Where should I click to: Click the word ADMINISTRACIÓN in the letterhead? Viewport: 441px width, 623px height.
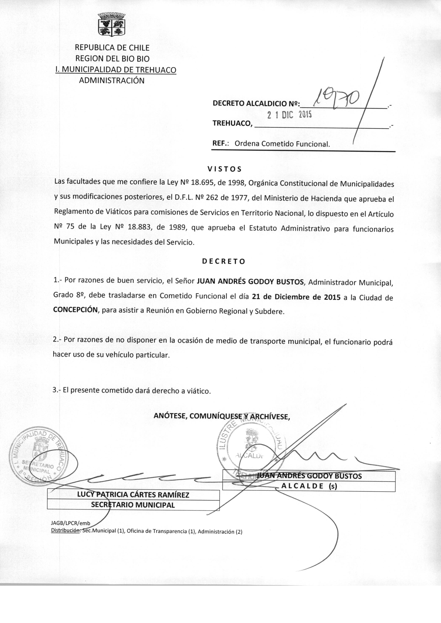click(112, 81)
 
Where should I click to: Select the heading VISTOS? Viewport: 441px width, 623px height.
click(224, 169)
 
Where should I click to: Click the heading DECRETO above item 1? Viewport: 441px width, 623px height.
click(224, 261)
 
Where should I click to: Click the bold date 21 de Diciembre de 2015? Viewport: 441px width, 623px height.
click(296, 297)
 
